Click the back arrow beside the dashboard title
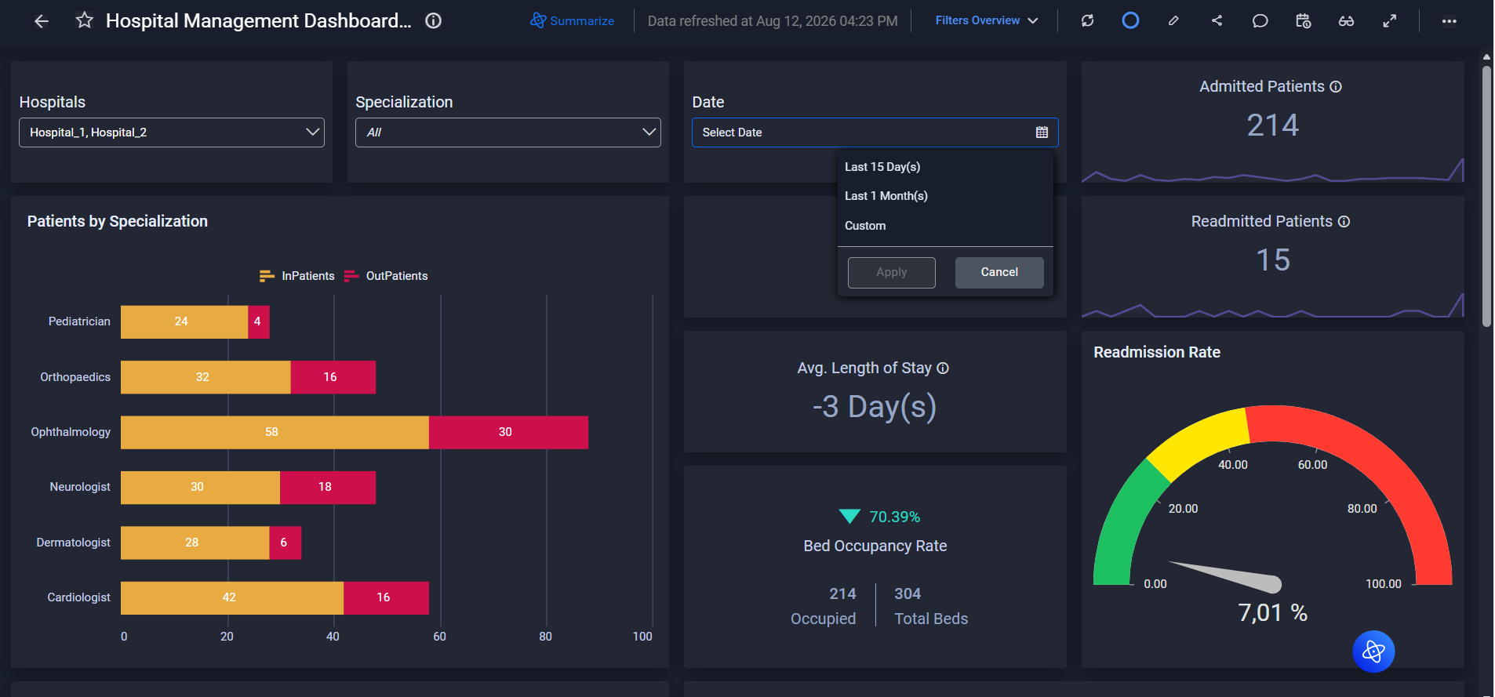(x=42, y=21)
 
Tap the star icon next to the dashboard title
(x=85, y=20)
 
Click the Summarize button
(x=573, y=20)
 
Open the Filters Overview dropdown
(x=987, y=20)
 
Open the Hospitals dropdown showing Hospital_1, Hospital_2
(x=172, y=133)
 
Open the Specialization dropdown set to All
(x=508, y=133)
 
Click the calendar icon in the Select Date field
(x=1042, y=133)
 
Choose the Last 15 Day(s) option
(x=882, y=167)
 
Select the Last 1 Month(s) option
(x=886, y=196)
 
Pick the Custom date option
(x=865, y=226)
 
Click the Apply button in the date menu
(x=892, y=272)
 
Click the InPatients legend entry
(x=297, y=276)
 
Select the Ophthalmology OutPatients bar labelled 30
(x=508, y=432)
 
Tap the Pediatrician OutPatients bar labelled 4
(x=259, y=321)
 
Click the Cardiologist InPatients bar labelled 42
(x=232, y=597)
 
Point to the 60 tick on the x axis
(x=439, y=637)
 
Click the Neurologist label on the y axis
(x=80, y=487)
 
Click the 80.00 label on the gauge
(x=1362, y=509)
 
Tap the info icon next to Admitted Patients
(x=1336, y=87)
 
